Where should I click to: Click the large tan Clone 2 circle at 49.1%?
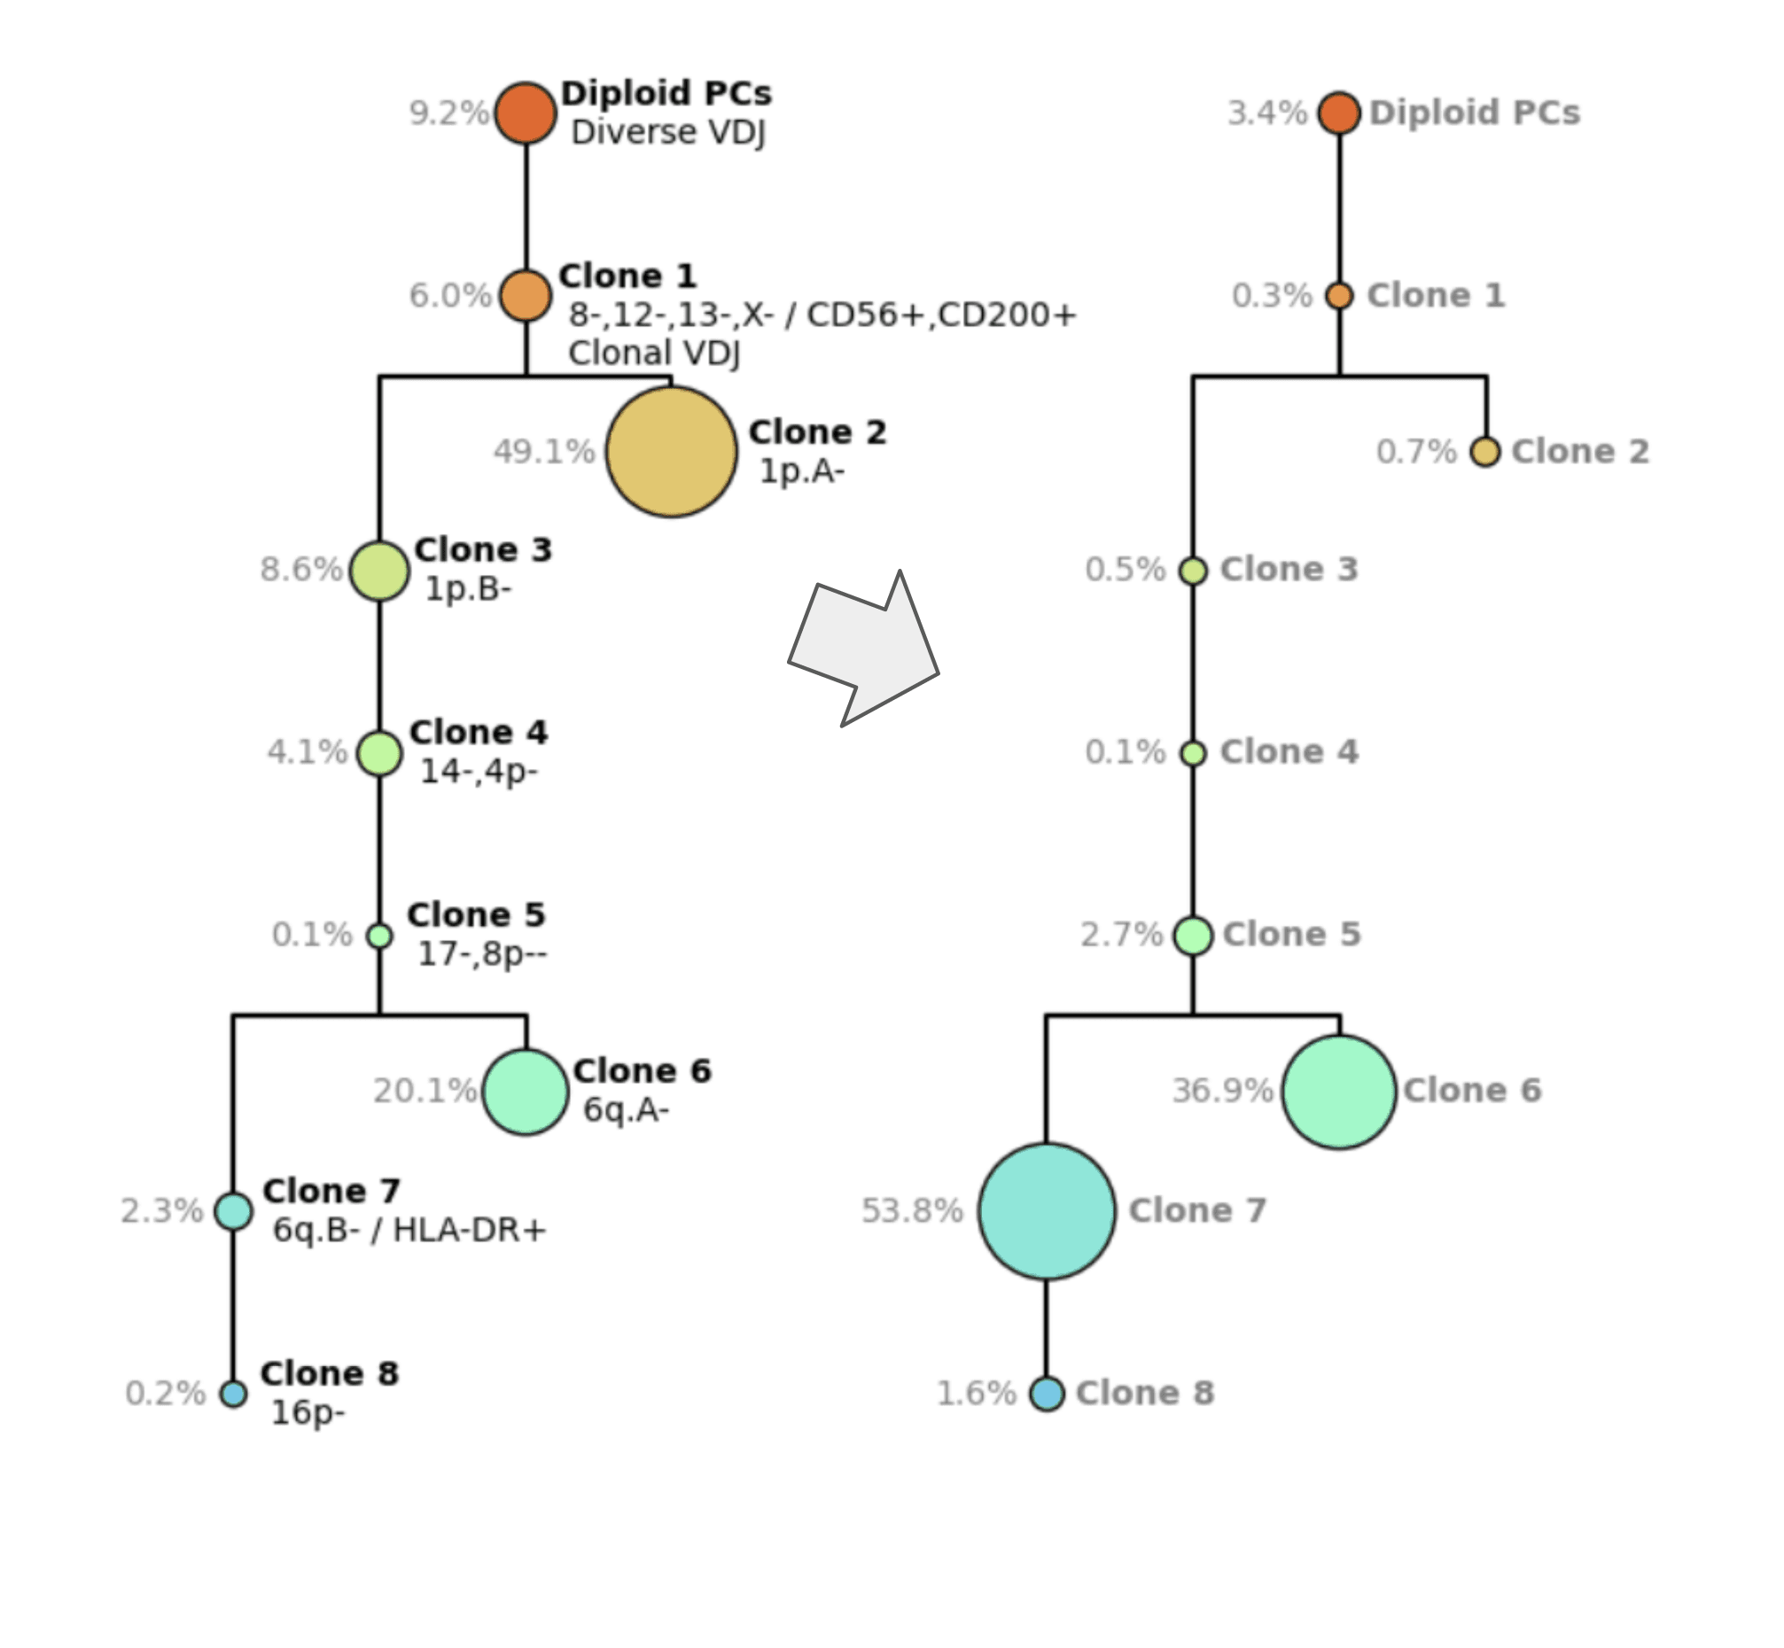(x=671, y=451)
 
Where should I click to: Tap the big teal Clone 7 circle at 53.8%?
(x=1047, y=1211)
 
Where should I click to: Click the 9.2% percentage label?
(x=448, y=113)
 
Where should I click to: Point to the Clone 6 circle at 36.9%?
(x=1339, y=1091)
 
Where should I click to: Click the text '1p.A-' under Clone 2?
(x=801, y=470)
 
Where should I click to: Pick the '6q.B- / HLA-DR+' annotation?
(x=409, y=1231)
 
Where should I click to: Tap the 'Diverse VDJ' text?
(x=668, y=132)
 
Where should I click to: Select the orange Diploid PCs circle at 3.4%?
(x=1339, y=113)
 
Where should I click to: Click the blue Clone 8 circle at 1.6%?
(x=1047, y=1393)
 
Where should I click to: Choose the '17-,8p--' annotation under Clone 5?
(x=482, y=954)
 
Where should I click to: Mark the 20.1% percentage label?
(x=425, y=1091)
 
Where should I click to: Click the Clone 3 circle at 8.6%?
(x=379, y=570)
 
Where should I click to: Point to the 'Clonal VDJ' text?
(x=654, y=354)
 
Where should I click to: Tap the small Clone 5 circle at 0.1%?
(x=379, y=936)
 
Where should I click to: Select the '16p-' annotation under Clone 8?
(x=308, y=1412)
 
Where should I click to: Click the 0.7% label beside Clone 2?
(x=1415, y=451)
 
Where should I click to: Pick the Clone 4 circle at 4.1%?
(x=379, y=752)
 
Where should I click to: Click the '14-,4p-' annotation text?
(x=479, y=772)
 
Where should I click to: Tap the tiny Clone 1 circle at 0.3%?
(x=1339, y=295)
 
